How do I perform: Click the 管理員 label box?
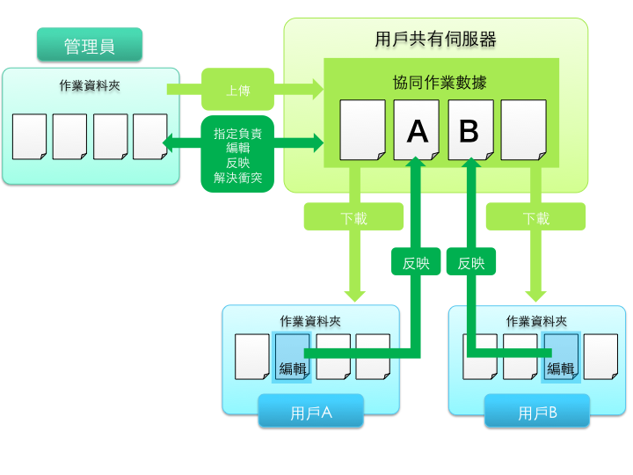89,46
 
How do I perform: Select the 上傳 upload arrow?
237,88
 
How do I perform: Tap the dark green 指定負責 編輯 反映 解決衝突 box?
237,154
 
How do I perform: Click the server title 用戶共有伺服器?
435,40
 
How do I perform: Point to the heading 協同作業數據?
440,83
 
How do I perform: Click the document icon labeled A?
417,130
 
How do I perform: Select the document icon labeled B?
469,130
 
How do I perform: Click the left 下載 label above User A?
353,217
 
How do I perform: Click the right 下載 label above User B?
535,217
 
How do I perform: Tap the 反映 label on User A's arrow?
416,261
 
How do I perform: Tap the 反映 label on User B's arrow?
471,261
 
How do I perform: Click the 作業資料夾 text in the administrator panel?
90,86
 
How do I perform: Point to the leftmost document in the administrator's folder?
29,136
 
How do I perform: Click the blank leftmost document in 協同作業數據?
362,130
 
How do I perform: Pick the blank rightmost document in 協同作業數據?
524,130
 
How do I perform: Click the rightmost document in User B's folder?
600,356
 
